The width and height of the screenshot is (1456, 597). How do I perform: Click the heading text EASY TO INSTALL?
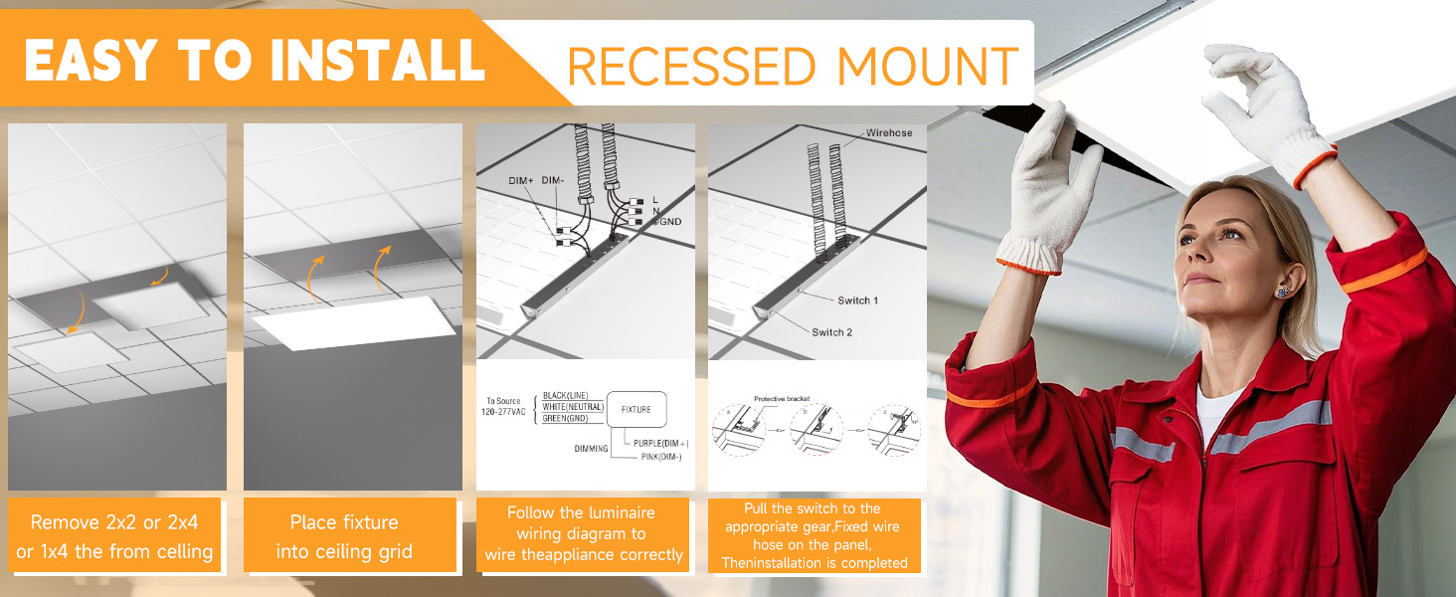[254, 60]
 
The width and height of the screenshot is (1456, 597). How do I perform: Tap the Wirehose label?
[888, 132]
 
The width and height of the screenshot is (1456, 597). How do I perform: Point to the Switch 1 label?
[857, 300]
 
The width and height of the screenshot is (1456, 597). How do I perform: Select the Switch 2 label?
[831, 332]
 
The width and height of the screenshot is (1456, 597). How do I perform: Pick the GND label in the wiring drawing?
[669, 221]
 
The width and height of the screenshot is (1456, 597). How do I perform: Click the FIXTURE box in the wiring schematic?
[636, 409]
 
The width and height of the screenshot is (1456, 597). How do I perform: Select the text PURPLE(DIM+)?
[660, 443]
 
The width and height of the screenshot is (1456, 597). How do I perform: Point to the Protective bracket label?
[781, 398]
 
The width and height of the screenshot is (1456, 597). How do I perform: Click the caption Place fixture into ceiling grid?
[344, 536]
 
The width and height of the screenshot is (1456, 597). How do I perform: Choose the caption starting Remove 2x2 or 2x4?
[114, 536]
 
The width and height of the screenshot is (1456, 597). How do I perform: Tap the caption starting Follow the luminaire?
[582, 533]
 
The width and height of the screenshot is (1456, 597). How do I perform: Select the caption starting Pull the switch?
[814, 535]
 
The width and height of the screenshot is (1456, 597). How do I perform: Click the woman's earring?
[1283, 291]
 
